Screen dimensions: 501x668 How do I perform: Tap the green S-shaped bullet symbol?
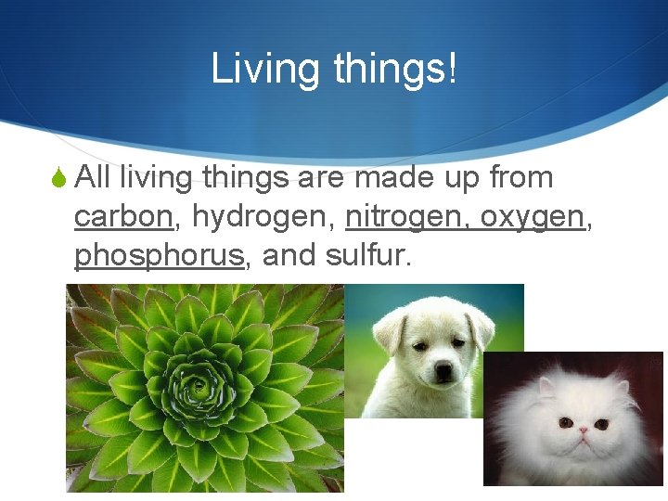(x=58, y=177)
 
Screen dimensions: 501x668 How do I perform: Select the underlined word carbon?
(x=123, y=216)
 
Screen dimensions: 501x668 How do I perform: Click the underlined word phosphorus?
(x=159, y=255)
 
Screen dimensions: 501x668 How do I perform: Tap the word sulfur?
(x=367, y=255)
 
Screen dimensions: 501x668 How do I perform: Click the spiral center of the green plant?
(x=199, y=386)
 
